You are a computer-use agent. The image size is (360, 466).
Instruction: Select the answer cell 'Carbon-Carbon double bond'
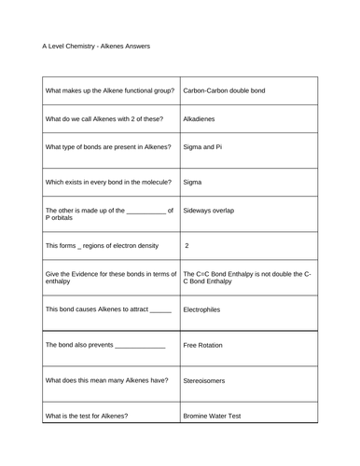pos(225,91)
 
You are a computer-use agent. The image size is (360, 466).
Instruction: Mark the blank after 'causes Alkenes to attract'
pos(160,310)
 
